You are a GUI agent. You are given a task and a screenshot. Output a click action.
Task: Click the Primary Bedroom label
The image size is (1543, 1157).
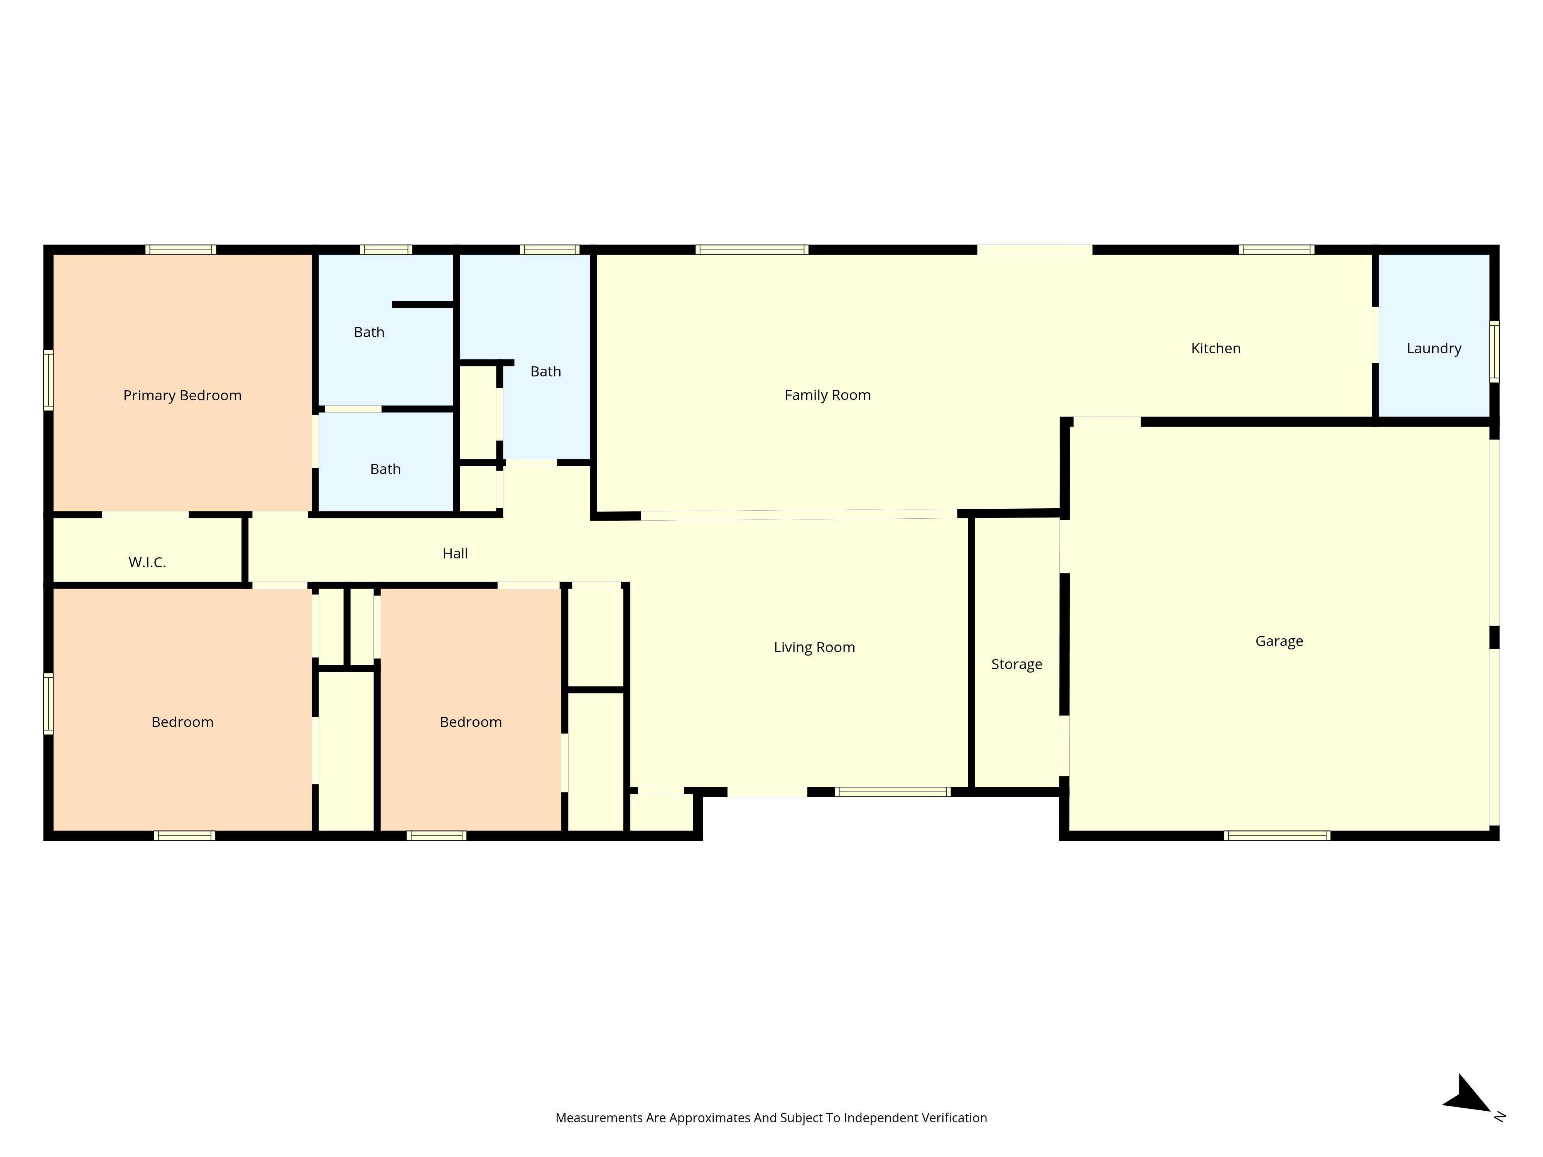point(182,395)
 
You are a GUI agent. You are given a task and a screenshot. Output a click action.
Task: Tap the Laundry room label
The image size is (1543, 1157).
point(1433,349)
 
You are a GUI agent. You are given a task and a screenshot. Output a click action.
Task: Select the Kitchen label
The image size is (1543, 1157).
point(1215,349)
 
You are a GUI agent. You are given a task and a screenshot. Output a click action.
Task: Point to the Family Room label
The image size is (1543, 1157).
point(827,395)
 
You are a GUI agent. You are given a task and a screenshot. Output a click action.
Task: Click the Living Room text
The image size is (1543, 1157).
point(814,647)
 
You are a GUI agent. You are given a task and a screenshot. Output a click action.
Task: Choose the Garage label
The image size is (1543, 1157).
point(1279,641)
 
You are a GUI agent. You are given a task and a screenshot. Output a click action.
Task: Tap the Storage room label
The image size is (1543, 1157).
point(1016,665)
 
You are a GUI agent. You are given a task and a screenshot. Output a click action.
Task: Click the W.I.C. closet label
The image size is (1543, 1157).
point(147,563)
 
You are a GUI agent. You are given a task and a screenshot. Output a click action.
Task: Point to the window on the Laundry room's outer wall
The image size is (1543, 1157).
point(1494,351)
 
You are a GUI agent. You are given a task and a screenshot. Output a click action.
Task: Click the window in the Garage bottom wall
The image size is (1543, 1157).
point(1276,835)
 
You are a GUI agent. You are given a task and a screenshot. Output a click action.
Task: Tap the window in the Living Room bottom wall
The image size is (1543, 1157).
point(892,791)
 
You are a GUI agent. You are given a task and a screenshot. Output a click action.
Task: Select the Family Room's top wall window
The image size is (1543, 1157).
point(752,250)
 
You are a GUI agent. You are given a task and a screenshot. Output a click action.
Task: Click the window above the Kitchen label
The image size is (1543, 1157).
point(1276,250)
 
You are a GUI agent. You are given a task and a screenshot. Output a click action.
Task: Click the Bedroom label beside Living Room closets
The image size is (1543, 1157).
point(470,722)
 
